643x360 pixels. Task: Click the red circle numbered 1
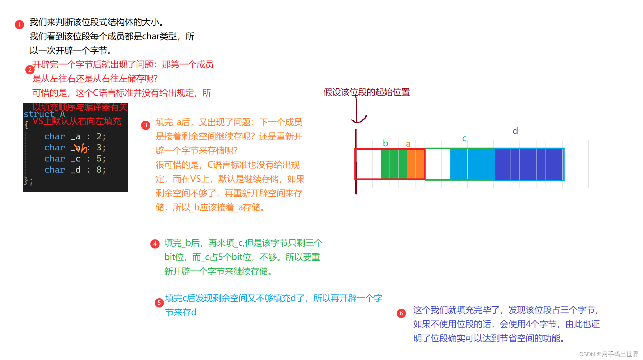pos(19,24)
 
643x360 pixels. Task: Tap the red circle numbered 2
pos(30,69)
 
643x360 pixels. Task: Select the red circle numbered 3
pos(145,125)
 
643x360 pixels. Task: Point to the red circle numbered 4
pos(155,244)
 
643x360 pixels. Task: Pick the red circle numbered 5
pos(159,303)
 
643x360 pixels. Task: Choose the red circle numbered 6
pos(401,313)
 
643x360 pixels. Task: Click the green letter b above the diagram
pos(385,144)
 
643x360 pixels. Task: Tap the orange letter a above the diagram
pos(408,144)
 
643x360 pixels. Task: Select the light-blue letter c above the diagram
pos(464,139)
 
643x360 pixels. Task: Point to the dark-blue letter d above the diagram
pos(515,131)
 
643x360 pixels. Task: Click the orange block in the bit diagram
pos(415,164)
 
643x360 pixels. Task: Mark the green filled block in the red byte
pos(394,164)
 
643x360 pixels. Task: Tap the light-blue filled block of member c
pos(472,164)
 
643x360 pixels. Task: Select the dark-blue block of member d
pos(528,164)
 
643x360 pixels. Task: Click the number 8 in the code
pos(99,170)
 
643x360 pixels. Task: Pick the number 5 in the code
pos(99,159)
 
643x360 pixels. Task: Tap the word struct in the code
pos(39,114)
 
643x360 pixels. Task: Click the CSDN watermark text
pos(608,354)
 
